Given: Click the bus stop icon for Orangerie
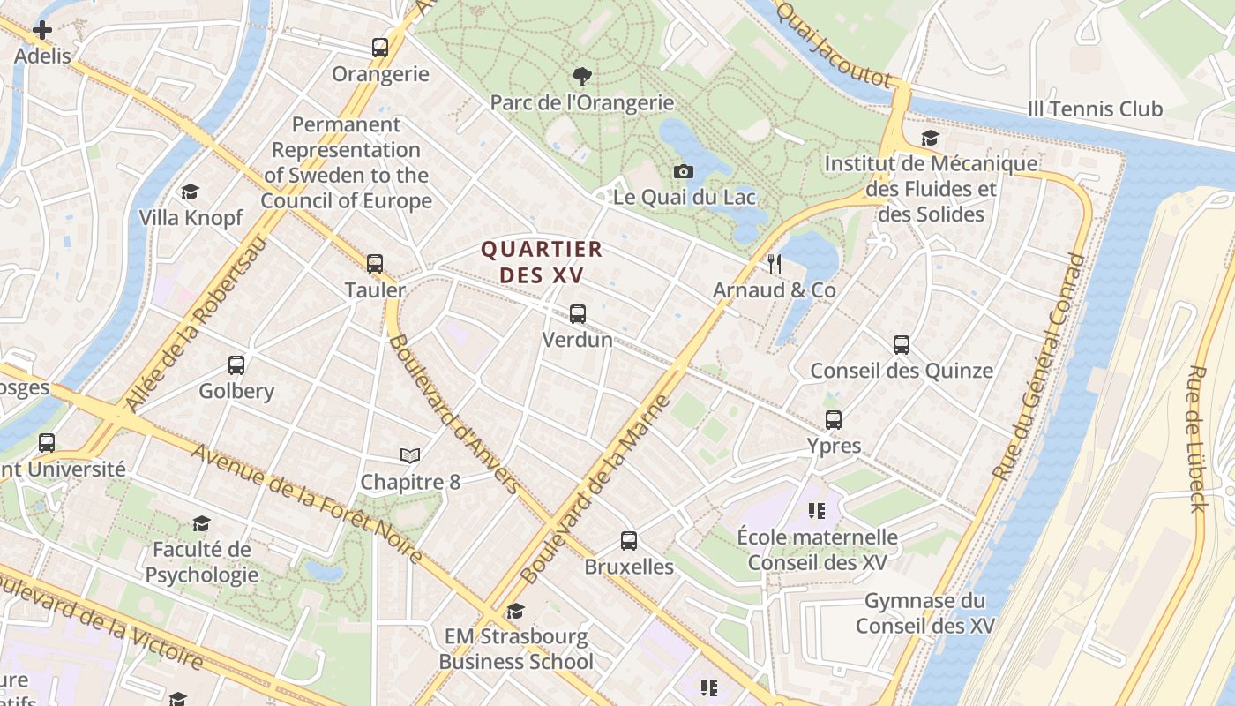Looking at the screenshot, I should point(380,48).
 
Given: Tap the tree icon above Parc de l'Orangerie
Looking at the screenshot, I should point(582,77).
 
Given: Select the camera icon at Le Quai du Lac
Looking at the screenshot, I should point(683,171).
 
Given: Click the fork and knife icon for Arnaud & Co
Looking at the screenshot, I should point(775,264).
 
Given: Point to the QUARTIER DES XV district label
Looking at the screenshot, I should point(542,262).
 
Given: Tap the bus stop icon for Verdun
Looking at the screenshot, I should point(578,313).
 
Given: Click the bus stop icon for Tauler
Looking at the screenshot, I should point(375,264).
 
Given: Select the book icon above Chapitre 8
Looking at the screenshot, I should point(410,456).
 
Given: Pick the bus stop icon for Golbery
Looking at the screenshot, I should point(236,365).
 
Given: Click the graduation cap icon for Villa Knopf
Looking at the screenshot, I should point(191,192).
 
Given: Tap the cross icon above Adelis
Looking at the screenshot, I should point(42,30).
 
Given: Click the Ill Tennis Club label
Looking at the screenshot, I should point(1095,109).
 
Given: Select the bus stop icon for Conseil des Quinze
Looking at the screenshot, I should point(902,345).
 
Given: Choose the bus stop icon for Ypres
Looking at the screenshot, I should point(834,420).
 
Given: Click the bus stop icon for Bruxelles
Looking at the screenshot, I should point(629,541).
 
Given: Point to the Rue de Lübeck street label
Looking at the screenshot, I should point(1197,438).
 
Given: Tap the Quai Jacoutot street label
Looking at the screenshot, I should point(835,44).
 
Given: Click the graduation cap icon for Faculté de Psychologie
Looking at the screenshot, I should point(202,524).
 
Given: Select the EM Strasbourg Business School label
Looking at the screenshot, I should point(516,649).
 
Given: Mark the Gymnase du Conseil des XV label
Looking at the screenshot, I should point(924,613).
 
